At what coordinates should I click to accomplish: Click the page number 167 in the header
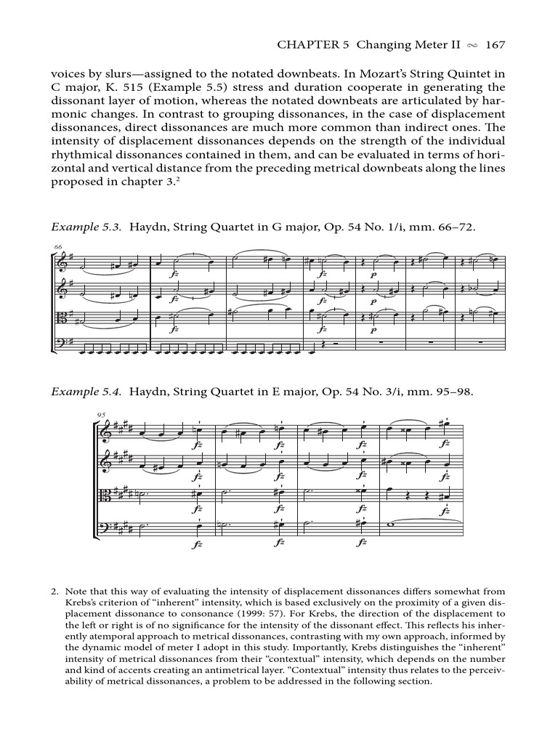(495, 45)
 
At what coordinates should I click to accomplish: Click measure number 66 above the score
(58, 248)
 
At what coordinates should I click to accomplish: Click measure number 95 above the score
(100, 415)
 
